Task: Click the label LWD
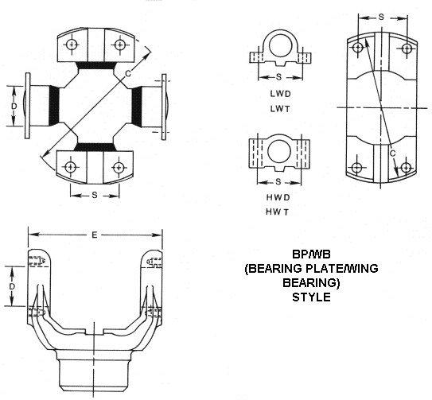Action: click(x=280, y=94)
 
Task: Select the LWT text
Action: click(x=280, y=109)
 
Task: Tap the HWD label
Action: click(x=278, y=197)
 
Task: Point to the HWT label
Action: click(x=278, y=212)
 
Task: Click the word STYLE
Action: click(x=311, y=297)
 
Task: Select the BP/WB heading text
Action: click(x=311, y=254)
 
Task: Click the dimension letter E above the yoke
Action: click(x=94, y=235)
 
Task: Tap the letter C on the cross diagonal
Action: click(x=128, y=73)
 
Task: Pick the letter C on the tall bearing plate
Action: click(x=393, y=153)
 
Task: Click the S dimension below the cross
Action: click(x=95, y=195)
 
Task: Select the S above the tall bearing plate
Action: click(x=381, y=17)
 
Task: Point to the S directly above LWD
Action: click(x=278, y=77)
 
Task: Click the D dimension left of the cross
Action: click(x=14, y=106)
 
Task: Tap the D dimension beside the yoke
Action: click(x=12, y=286)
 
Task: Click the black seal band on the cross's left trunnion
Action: click(x=54, y=105)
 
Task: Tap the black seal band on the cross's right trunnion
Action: click(x=137, y=106)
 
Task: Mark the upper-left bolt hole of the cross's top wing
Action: click(x=72, y=45)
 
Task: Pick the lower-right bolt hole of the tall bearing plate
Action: click(x=406, y=167)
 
